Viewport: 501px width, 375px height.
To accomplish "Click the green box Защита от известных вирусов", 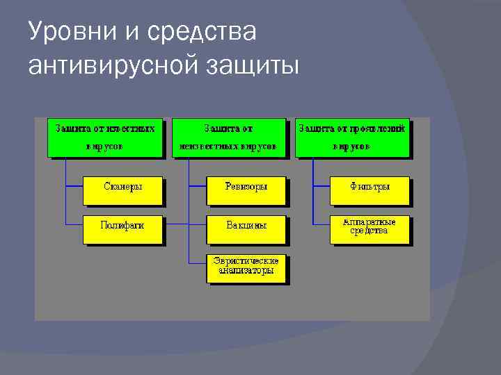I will coord(106,137).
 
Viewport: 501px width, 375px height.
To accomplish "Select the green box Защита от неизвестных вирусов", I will coord(229,137).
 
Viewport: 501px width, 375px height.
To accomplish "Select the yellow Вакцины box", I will coord(246,228).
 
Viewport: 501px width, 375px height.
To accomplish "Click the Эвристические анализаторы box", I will coord(248,267).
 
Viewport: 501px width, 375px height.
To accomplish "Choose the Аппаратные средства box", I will coord(370,228).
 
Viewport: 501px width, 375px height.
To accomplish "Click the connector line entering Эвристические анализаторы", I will coord(198,264).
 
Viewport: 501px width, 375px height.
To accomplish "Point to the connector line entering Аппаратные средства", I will coord(321,224).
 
